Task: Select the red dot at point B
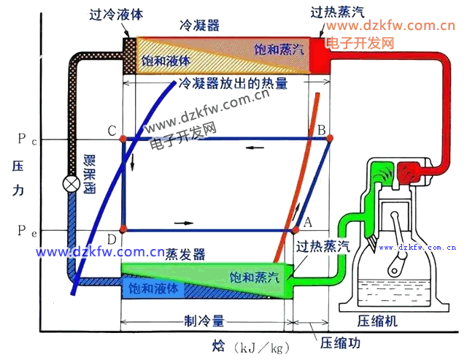click(x=328, y=138)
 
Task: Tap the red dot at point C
click(x=123, y=138)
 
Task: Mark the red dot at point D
click(x=123, y=229)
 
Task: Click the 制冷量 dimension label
click(x=204, y=321)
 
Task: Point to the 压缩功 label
click(x=337, y=342)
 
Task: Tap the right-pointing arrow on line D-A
click(x=185, y=221)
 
